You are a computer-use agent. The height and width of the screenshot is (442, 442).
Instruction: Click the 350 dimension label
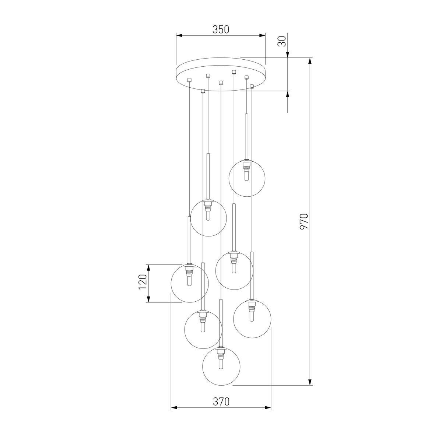pyautogui.click(x=221, y=29)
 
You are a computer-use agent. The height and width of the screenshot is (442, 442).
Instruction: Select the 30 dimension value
pyautogui.click(x=282, y=41)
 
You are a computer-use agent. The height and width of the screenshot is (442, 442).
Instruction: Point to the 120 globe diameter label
pyautogui.click(x=143, y=282)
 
